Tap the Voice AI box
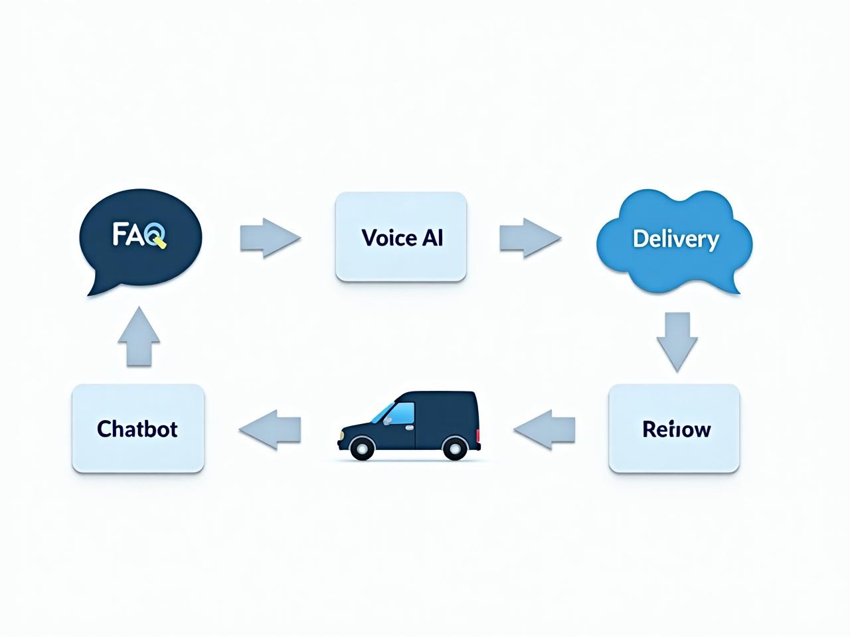401,237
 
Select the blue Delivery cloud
675,240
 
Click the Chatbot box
137,429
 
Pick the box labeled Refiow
674,429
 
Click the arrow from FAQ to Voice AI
269,237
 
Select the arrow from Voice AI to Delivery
529,237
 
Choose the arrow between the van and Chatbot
270,429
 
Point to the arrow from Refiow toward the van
545,429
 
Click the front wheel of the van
361,449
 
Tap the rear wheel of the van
454,449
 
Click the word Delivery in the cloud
675,239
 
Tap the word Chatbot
137,429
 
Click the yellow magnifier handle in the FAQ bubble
161,243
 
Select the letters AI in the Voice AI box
432,238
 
